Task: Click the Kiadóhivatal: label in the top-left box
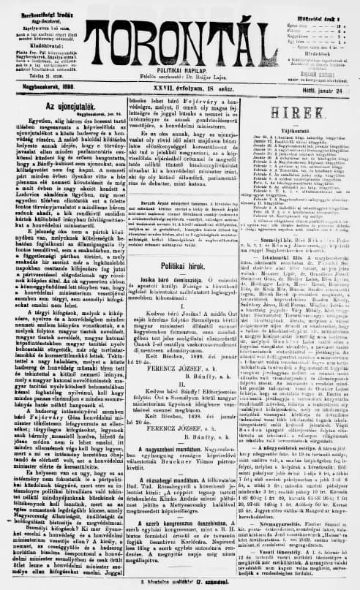coord(40,42)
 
